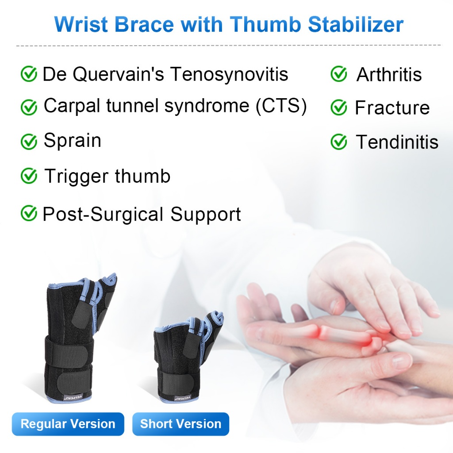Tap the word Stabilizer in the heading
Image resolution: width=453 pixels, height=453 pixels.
tap(356, 24)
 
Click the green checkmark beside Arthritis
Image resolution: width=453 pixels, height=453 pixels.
tap(338, 74)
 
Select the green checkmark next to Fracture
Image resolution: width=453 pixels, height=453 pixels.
tap(338, 107)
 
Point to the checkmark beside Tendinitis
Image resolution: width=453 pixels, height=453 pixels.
tap(338, 142)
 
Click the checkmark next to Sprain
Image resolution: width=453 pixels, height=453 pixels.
tap(29, 142)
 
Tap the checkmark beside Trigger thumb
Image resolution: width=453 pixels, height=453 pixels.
tap(29, 176)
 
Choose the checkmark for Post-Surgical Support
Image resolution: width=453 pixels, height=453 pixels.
tap(29, 213)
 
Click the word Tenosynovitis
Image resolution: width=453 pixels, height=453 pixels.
tap(229, 74)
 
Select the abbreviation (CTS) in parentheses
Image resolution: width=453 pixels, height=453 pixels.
tap(281, 106)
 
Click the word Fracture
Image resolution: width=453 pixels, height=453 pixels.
tap(392, 108)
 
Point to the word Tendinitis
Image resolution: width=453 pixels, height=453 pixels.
tap(397, 142)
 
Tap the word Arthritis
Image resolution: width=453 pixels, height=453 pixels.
tap(389, 74)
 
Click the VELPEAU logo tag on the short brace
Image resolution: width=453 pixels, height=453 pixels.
tap(182, 398)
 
